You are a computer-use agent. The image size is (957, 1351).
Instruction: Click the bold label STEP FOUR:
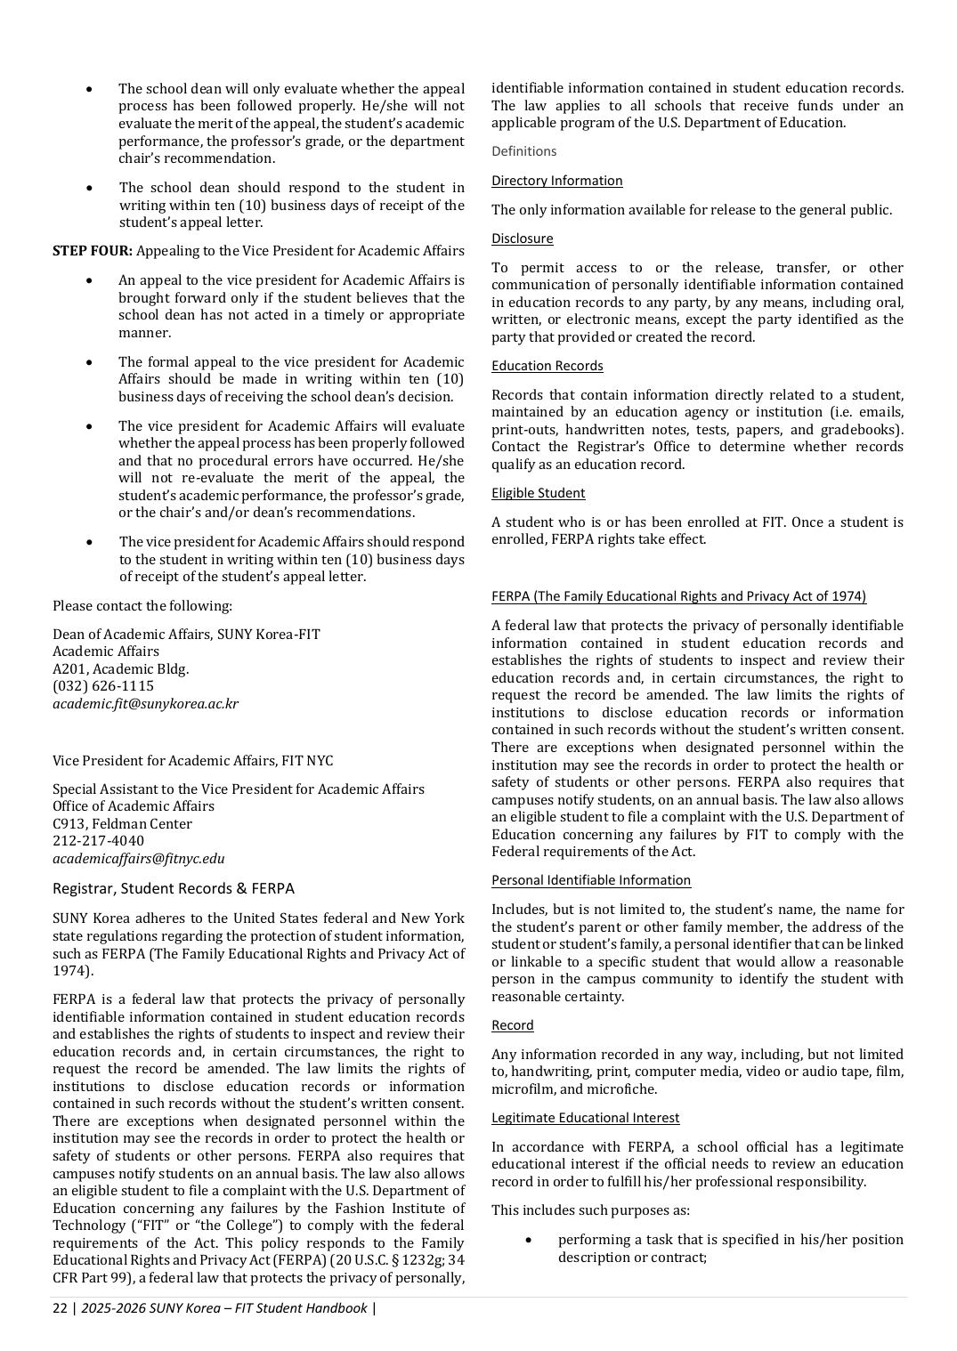click(x=93, y=251)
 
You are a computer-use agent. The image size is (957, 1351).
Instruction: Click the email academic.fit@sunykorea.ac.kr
click(x=145, y=704)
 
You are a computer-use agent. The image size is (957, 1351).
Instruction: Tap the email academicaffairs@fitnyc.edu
click(x=138, y=859)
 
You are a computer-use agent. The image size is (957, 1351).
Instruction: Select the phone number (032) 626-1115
click(x=103, y=686)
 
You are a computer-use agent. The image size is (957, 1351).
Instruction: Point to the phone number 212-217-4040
click(x=98, y=841)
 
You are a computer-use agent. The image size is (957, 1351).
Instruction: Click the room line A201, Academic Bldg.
click(x=121, y=669)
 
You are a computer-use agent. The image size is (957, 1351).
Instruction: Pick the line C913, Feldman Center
click(x=122, y=824)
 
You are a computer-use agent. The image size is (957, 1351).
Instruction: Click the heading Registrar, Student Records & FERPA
click(x=174, y=888)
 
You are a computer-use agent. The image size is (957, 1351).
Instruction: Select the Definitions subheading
click(x=524, y=151)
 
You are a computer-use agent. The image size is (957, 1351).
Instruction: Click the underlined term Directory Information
click(x=557, y=181)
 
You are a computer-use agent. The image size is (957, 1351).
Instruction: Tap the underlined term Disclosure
click(x=523, y=239)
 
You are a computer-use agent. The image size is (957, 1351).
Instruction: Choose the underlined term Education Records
click(x=547, y=366)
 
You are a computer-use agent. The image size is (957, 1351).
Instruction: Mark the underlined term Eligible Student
click(x=539, y=493)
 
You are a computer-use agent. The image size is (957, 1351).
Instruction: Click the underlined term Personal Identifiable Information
click(x=591, y=880)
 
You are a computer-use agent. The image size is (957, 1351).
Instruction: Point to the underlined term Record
click(x=513, y=1025)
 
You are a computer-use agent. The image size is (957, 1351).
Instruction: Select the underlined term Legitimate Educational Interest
click(x=586, y=1118)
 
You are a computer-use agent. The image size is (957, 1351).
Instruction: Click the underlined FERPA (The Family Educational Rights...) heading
click(x=679, y=596)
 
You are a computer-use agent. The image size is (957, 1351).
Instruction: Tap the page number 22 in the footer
click(x=60, y=1308)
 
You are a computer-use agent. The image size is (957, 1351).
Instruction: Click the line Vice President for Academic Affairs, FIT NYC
click(x=193, y=761)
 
